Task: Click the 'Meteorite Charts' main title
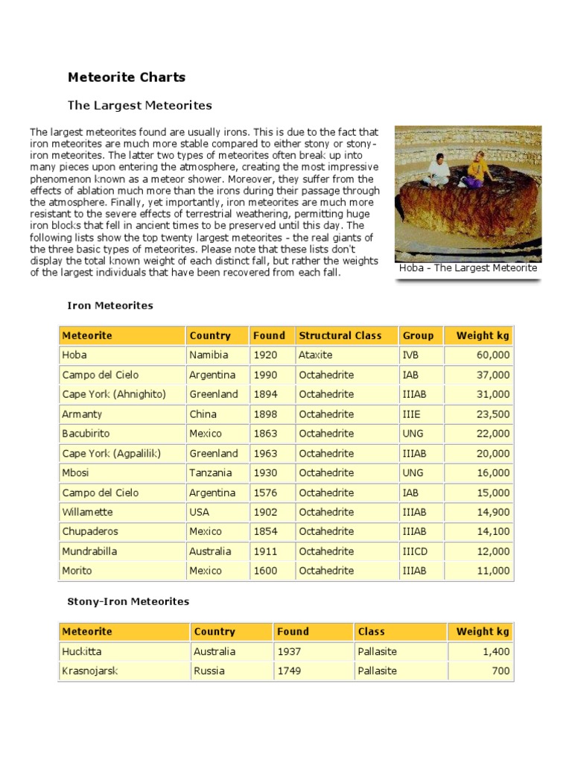[x=127, y=77]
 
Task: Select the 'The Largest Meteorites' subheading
[x=140, y=105]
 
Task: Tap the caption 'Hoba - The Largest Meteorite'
[x=468, y=268]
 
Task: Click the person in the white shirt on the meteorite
[x=439, y=169]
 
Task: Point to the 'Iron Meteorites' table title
[x=110, y=305]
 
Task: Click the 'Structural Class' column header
[x=340, y=335]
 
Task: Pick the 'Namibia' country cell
[x=209, y=355]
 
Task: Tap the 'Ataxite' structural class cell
[x=316, y=355]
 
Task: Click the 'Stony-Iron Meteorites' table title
[x=128, y=601]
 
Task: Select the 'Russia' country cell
[x=209, y=671]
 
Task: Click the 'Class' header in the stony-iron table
[x=371, y=631]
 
